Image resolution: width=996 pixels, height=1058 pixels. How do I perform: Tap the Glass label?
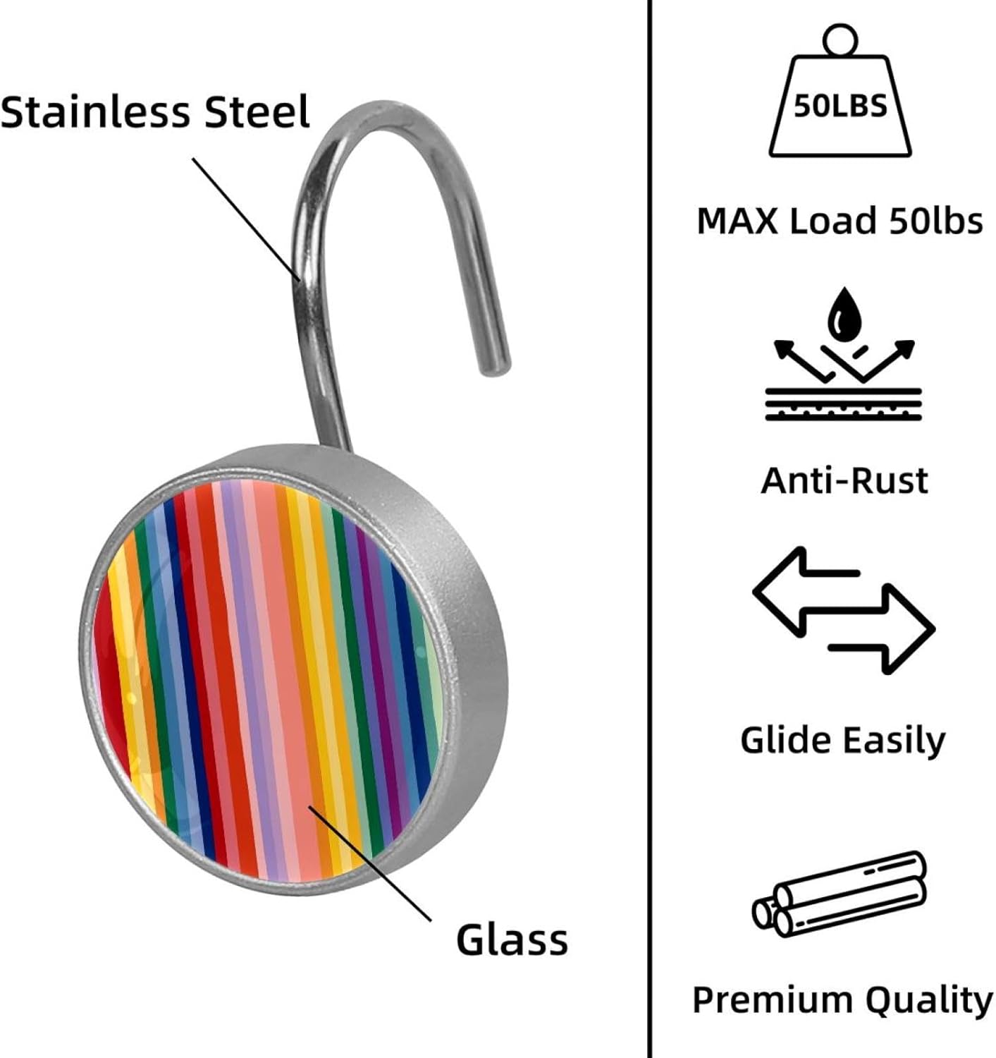pos(512,940)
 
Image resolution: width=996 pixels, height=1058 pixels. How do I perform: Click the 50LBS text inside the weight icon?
pos(840,106)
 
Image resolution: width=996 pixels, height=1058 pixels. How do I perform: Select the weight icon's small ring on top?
pos(839,39)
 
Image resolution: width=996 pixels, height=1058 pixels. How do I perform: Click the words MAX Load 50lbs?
pos(840,221)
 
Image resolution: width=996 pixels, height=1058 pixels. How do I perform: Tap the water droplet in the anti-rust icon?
pos(843,314)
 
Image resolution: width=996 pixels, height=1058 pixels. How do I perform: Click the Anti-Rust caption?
pos(844,481)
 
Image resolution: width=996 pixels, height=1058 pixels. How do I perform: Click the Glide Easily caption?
pos(843,741)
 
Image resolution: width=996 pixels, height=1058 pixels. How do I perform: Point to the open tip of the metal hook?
pos(495,363)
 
